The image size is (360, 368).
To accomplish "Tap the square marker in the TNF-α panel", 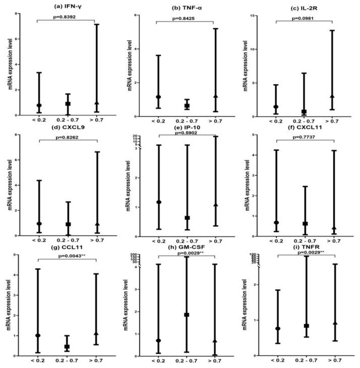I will click(x=187, y=106).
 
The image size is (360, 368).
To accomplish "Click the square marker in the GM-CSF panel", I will click(x=187, y=315).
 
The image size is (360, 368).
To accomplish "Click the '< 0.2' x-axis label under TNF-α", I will click(x=158, y=122).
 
